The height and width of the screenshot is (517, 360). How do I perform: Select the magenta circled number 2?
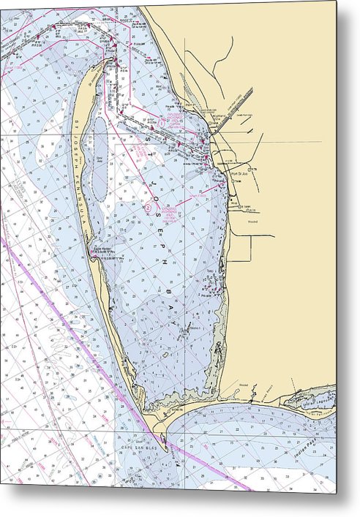pos(149,208)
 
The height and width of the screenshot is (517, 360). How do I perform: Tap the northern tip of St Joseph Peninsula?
pos(110,61)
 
